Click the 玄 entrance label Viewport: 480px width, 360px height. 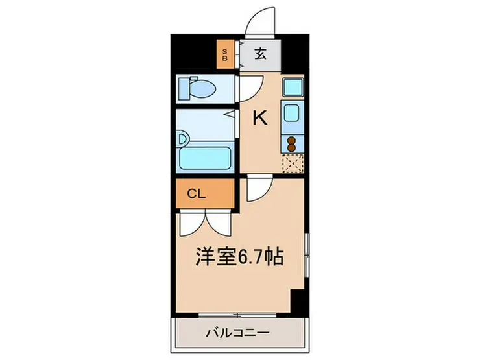tap(259, 54)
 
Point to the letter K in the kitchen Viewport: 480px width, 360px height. tap(259, 118)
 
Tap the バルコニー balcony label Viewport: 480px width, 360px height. tap(237, 335)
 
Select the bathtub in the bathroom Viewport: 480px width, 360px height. tap(206, 156)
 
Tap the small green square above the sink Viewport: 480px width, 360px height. tap(291, 86)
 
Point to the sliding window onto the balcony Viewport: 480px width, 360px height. tap(238, 315)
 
